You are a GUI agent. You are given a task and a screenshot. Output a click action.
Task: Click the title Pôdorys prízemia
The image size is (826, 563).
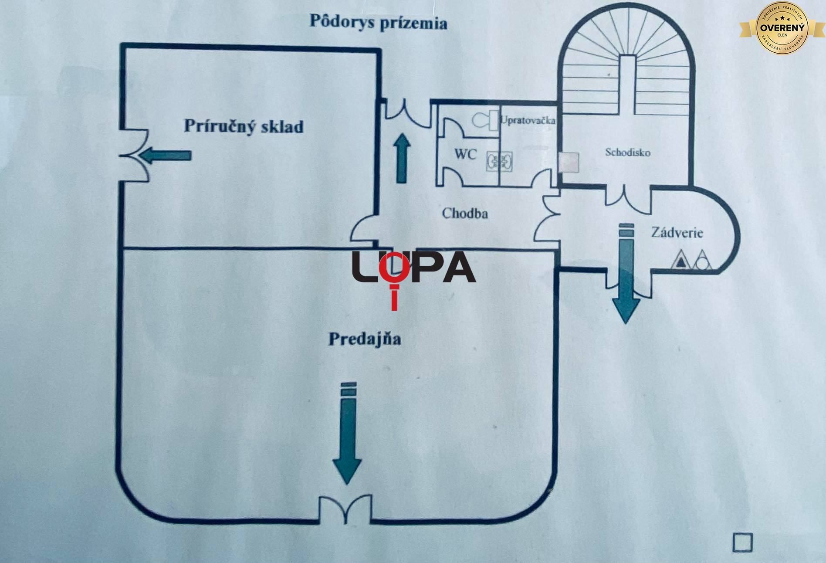pos(378,22)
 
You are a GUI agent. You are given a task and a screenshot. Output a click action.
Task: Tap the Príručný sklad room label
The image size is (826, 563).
pos(243,126)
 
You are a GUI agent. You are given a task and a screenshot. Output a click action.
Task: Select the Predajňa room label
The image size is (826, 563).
pos(365,339)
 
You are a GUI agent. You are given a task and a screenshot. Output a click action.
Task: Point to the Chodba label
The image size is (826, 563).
pos(465,214)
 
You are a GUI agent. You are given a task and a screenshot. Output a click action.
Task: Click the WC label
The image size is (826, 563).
pos(466,154)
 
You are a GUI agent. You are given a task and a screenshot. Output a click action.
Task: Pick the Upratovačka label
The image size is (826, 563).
pos(528,120)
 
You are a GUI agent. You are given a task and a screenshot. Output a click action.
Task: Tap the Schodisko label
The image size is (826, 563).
pos(627,153)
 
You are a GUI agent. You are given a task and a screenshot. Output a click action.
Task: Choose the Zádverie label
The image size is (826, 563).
pos(677,232)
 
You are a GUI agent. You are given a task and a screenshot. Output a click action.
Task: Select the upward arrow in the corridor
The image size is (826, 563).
pos(402,158)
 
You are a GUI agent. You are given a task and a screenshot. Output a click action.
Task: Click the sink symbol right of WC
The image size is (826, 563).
pos(499,161)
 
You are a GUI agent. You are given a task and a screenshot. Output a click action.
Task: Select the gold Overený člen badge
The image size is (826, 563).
pos(782,27)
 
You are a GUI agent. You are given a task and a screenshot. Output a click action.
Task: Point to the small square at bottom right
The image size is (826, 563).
pos(743,543)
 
